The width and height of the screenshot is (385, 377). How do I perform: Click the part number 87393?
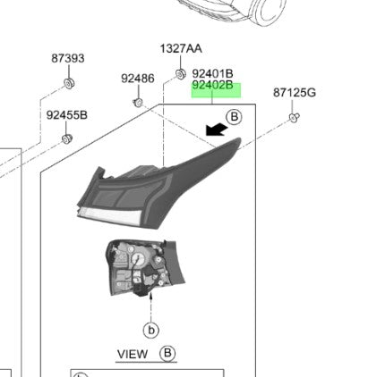[67, 58]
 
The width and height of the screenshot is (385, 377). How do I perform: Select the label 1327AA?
[181, 48]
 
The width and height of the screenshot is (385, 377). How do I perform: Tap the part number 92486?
[138, 79]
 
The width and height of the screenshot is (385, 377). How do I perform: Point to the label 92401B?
[212, 73]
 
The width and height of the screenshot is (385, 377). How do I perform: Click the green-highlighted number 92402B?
[212, 87]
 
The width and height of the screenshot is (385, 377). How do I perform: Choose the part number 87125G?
[295, 92]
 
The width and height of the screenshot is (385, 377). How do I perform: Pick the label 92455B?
[67, 114]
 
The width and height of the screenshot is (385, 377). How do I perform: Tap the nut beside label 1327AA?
[180, 73]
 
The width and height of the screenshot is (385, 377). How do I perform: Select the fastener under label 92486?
[138, 102]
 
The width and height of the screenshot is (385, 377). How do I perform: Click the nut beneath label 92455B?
[67, 139]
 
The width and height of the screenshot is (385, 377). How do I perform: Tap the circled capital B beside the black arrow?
[234, 117]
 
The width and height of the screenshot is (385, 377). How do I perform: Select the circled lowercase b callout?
[151, 330]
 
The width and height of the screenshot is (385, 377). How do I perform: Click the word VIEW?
[133, 354]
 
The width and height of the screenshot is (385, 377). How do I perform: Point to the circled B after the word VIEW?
[167, 353]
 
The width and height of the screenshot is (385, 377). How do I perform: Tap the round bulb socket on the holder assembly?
[140, 260]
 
